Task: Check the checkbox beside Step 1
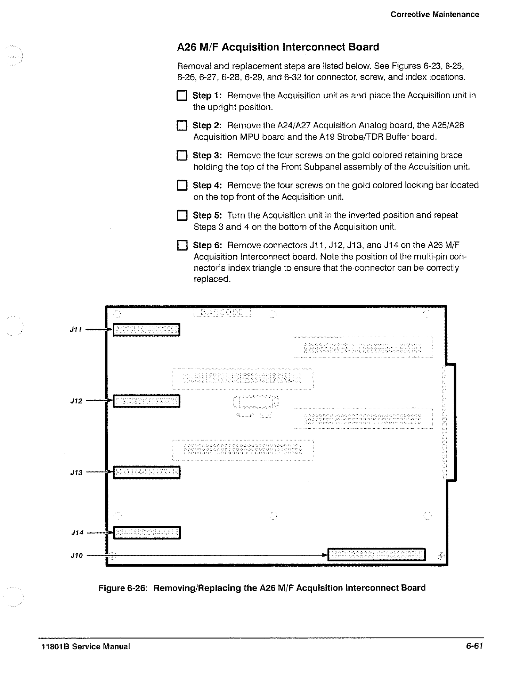point(182,96)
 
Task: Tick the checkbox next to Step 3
point(182,156)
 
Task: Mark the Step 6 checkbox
point(182,246)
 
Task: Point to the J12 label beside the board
point(77,401)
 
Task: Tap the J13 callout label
point(77,473)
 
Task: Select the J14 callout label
point(77,533)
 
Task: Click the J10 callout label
point(77,555)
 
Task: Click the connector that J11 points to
point(146,330)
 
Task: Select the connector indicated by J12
point(146,401)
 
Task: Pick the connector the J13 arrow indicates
point(146,473)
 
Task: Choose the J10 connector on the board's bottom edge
point(376,554)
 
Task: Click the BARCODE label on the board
point(222,313)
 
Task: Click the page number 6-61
point(474,646)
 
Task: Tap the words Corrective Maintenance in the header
point(435,14)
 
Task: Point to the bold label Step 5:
point(209,215)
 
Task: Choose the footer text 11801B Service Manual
point(84,646)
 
